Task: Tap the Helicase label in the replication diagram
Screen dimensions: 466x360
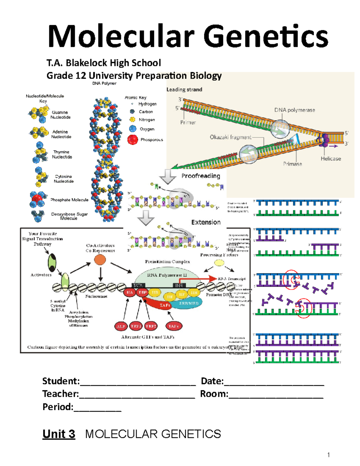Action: pos(331,158)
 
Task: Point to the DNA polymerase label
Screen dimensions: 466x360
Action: pos(294,110)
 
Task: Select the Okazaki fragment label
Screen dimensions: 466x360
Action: pos(230,137)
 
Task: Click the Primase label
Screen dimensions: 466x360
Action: pos(292,164)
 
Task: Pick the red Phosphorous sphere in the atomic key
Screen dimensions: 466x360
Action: pos(133,140)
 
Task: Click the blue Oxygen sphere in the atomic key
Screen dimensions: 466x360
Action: pos(133,129)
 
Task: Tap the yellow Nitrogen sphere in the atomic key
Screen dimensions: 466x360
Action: pos(132,119)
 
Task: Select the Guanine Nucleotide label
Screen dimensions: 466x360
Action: pos(60,115)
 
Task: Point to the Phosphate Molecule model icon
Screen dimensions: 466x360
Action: pos(37,200)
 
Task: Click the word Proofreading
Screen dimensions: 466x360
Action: pos(201,176)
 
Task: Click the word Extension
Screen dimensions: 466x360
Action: pos(206,222)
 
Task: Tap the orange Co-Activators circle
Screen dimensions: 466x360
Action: pos(100,260)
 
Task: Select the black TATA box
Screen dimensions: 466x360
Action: pos(138,285)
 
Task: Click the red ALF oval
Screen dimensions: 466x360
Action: pos(121,326)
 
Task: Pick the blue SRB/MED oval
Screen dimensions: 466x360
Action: pos(189,303)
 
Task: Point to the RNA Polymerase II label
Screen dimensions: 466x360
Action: pos(167,275)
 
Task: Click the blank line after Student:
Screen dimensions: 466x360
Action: pos(138,382)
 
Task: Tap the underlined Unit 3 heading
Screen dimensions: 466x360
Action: pos(59,434)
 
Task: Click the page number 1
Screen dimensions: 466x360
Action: pos(328,455)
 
